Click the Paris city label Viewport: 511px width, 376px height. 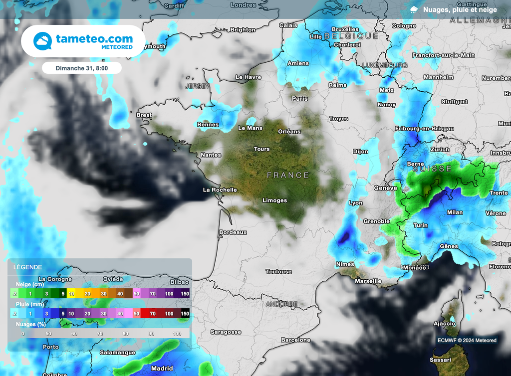click(x=300, y=99)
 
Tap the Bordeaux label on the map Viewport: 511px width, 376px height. click(x=233, y=232)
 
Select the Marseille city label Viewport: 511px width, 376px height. click(x=368, y=281)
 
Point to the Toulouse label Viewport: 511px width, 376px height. click(x=278, y=272)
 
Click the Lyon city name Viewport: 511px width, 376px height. click(x=355, y=203)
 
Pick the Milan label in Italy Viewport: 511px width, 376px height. click(x=455, y=212)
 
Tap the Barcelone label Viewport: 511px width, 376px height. click(x=295, y=340)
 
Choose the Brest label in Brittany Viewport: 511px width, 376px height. click(x=144, y=115)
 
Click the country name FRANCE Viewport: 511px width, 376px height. click(x=288, y=175)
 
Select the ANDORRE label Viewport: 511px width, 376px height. click(x=281, y=304)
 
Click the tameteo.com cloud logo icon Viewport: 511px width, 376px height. click(x=43, y=41)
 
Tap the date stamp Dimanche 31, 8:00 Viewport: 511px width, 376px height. click(x=81, y=68)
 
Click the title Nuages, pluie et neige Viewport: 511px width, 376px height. click(x=460, y=9)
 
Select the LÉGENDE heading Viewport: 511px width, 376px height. click(x=27, y=267)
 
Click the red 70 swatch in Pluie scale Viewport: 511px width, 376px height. click(x=151, y=313)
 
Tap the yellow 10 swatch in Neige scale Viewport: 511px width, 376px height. click(x=71, y=294)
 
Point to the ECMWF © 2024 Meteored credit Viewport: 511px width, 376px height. click(x=467, y=341)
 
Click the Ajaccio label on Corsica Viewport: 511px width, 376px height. click(x=444, y=324)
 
